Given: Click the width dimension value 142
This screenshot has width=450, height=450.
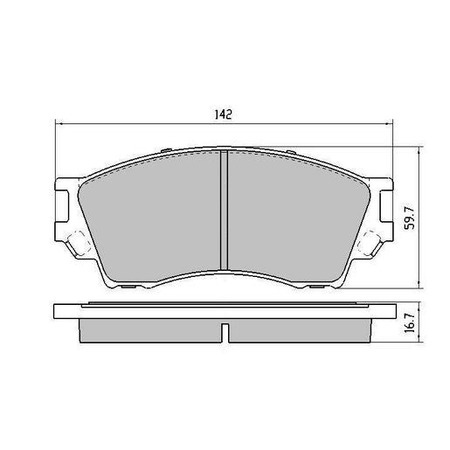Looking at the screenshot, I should coord(224,114).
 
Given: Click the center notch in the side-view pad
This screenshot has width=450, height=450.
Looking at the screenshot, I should coord(225,333).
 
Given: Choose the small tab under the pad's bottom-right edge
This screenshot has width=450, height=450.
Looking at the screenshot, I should coord(323,287).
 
